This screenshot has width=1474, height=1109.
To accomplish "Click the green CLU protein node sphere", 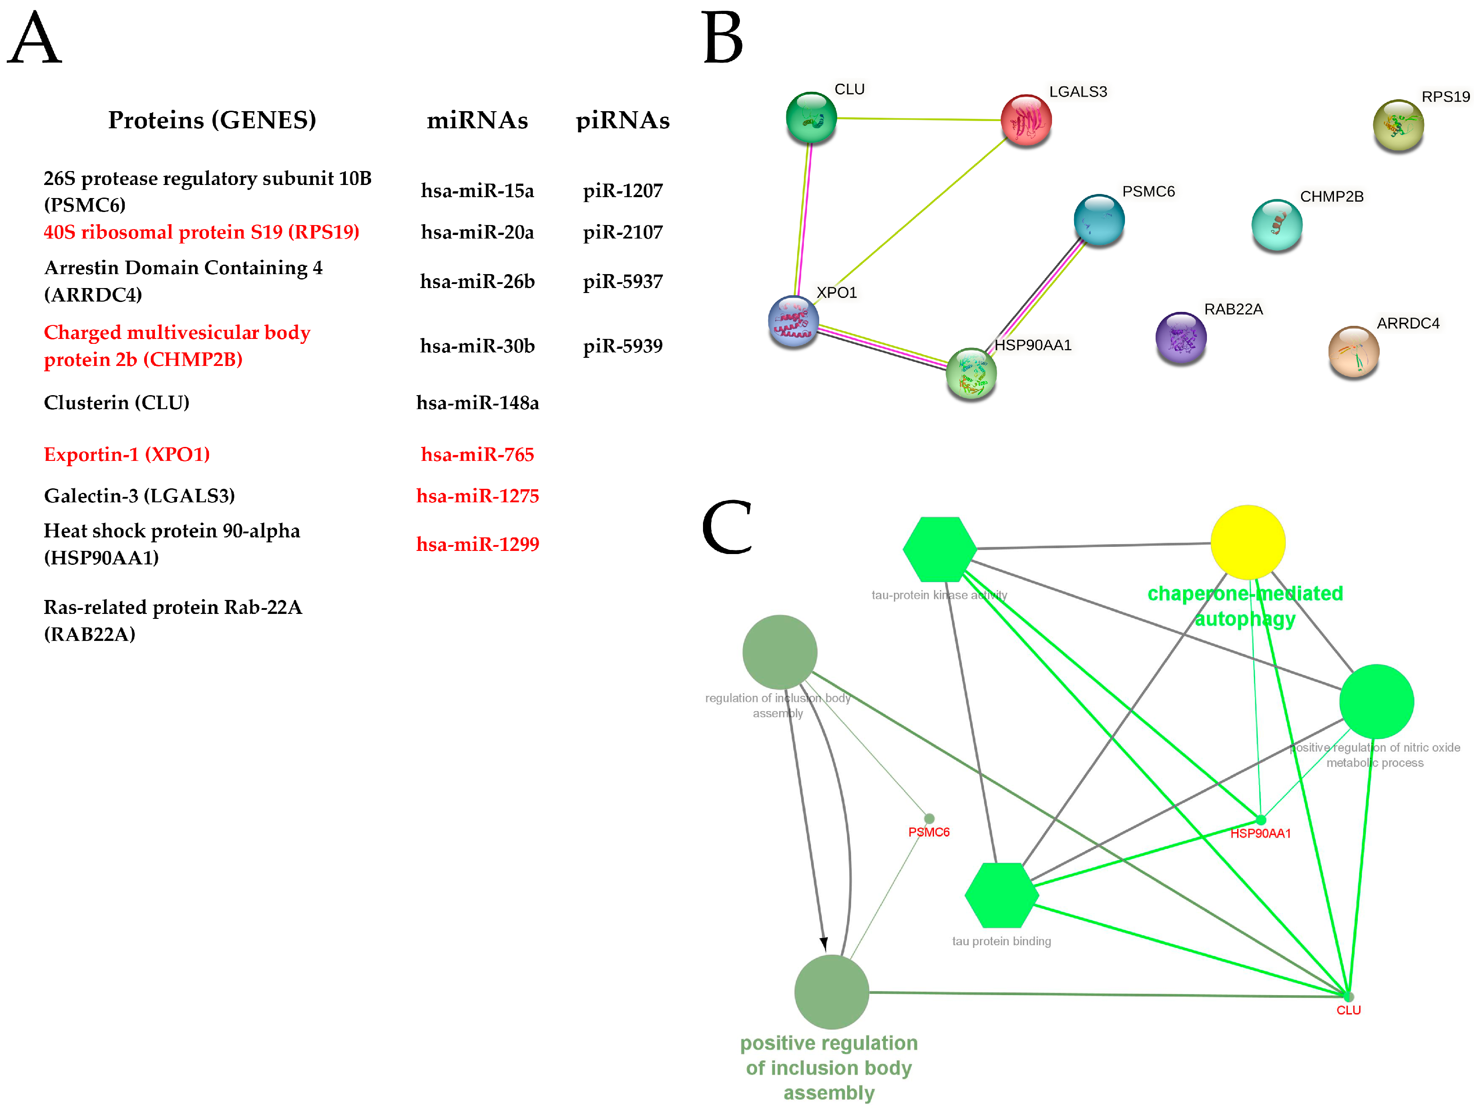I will point(811,117).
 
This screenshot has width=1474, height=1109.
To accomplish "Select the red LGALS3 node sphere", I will point(1026,120).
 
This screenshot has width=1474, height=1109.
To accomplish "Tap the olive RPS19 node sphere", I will point(1398,125).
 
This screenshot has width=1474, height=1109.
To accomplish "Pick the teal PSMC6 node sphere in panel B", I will point(1099,219).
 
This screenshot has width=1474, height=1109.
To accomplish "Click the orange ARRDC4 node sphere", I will point(1353,351).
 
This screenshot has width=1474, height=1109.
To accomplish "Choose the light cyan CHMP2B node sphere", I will point(1277,225).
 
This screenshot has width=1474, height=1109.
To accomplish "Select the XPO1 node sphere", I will point(793,321).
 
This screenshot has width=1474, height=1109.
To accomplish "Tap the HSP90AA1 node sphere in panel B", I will point(971,373).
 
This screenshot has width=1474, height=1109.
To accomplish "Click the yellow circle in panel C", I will point(1247,542).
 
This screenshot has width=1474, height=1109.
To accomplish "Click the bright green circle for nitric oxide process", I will point(1376,701).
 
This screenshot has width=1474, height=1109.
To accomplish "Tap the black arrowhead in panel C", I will point(824,944).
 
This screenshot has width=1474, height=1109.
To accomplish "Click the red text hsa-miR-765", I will point(477,454).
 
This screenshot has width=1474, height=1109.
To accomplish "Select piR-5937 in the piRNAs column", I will point(622,281).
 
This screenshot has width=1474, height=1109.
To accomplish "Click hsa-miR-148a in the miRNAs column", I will point(477,402).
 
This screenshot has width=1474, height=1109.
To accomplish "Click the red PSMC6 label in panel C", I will point(928,832).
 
